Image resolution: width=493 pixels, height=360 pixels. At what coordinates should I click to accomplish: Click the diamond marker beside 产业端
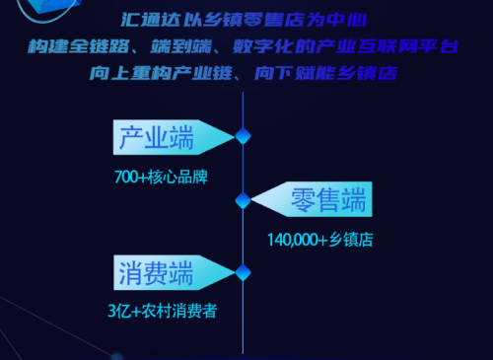tap(243, 136)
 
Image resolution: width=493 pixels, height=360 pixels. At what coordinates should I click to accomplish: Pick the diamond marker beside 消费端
tap(243, 271)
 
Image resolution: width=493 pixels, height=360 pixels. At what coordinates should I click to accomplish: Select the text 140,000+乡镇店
tap(320, 239)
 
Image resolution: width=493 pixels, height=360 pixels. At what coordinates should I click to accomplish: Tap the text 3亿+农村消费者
tap(162, 311)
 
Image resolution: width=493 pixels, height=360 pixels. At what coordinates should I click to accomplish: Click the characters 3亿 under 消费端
tap(117, 311)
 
